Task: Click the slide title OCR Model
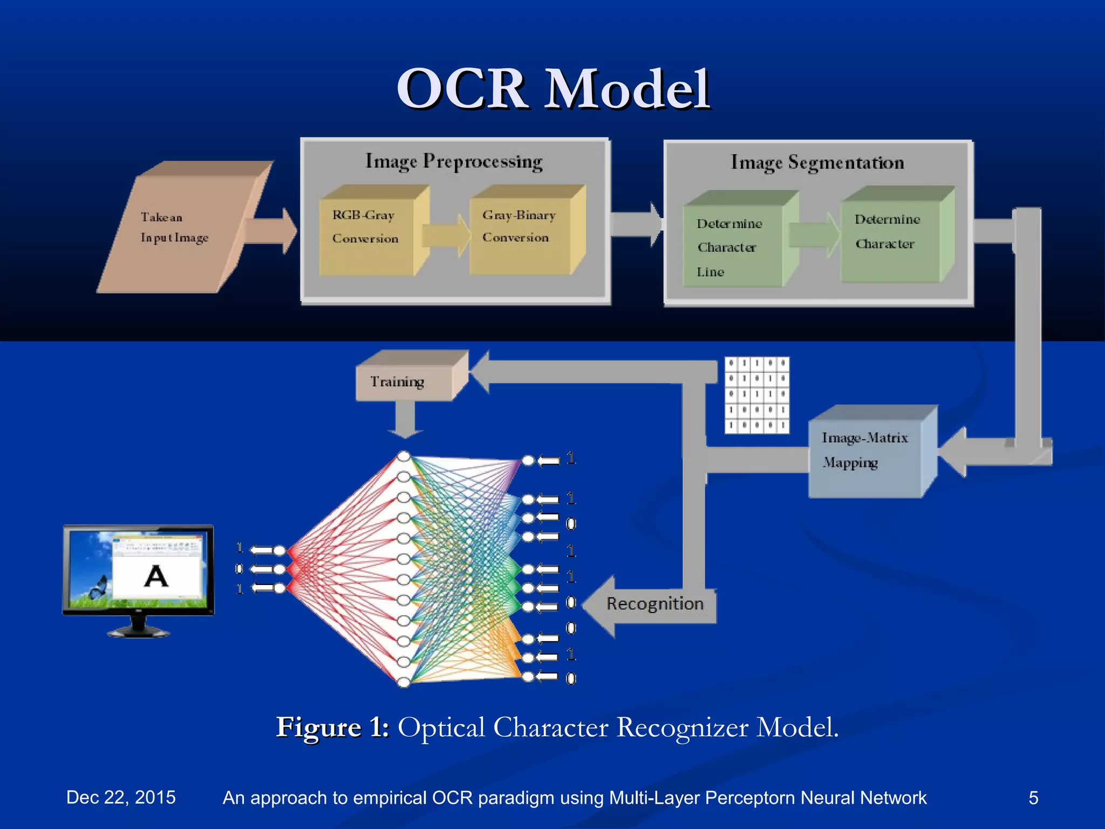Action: tap(552, 89)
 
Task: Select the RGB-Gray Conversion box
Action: tap(367, 232)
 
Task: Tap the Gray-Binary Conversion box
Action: tap(518, 232)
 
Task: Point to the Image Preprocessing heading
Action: tap(454, 161)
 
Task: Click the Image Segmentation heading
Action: tap(817, 162)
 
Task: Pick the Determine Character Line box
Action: tap(731, 246)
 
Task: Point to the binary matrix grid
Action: tap(756, 395)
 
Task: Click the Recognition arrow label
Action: tap(654, 604)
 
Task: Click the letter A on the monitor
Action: tap(156, 576)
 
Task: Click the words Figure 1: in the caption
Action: tap(332, 728)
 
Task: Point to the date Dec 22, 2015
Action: tap(121, 797)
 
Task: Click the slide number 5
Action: tap(1033, 797)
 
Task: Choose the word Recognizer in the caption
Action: tap(682, 728)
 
